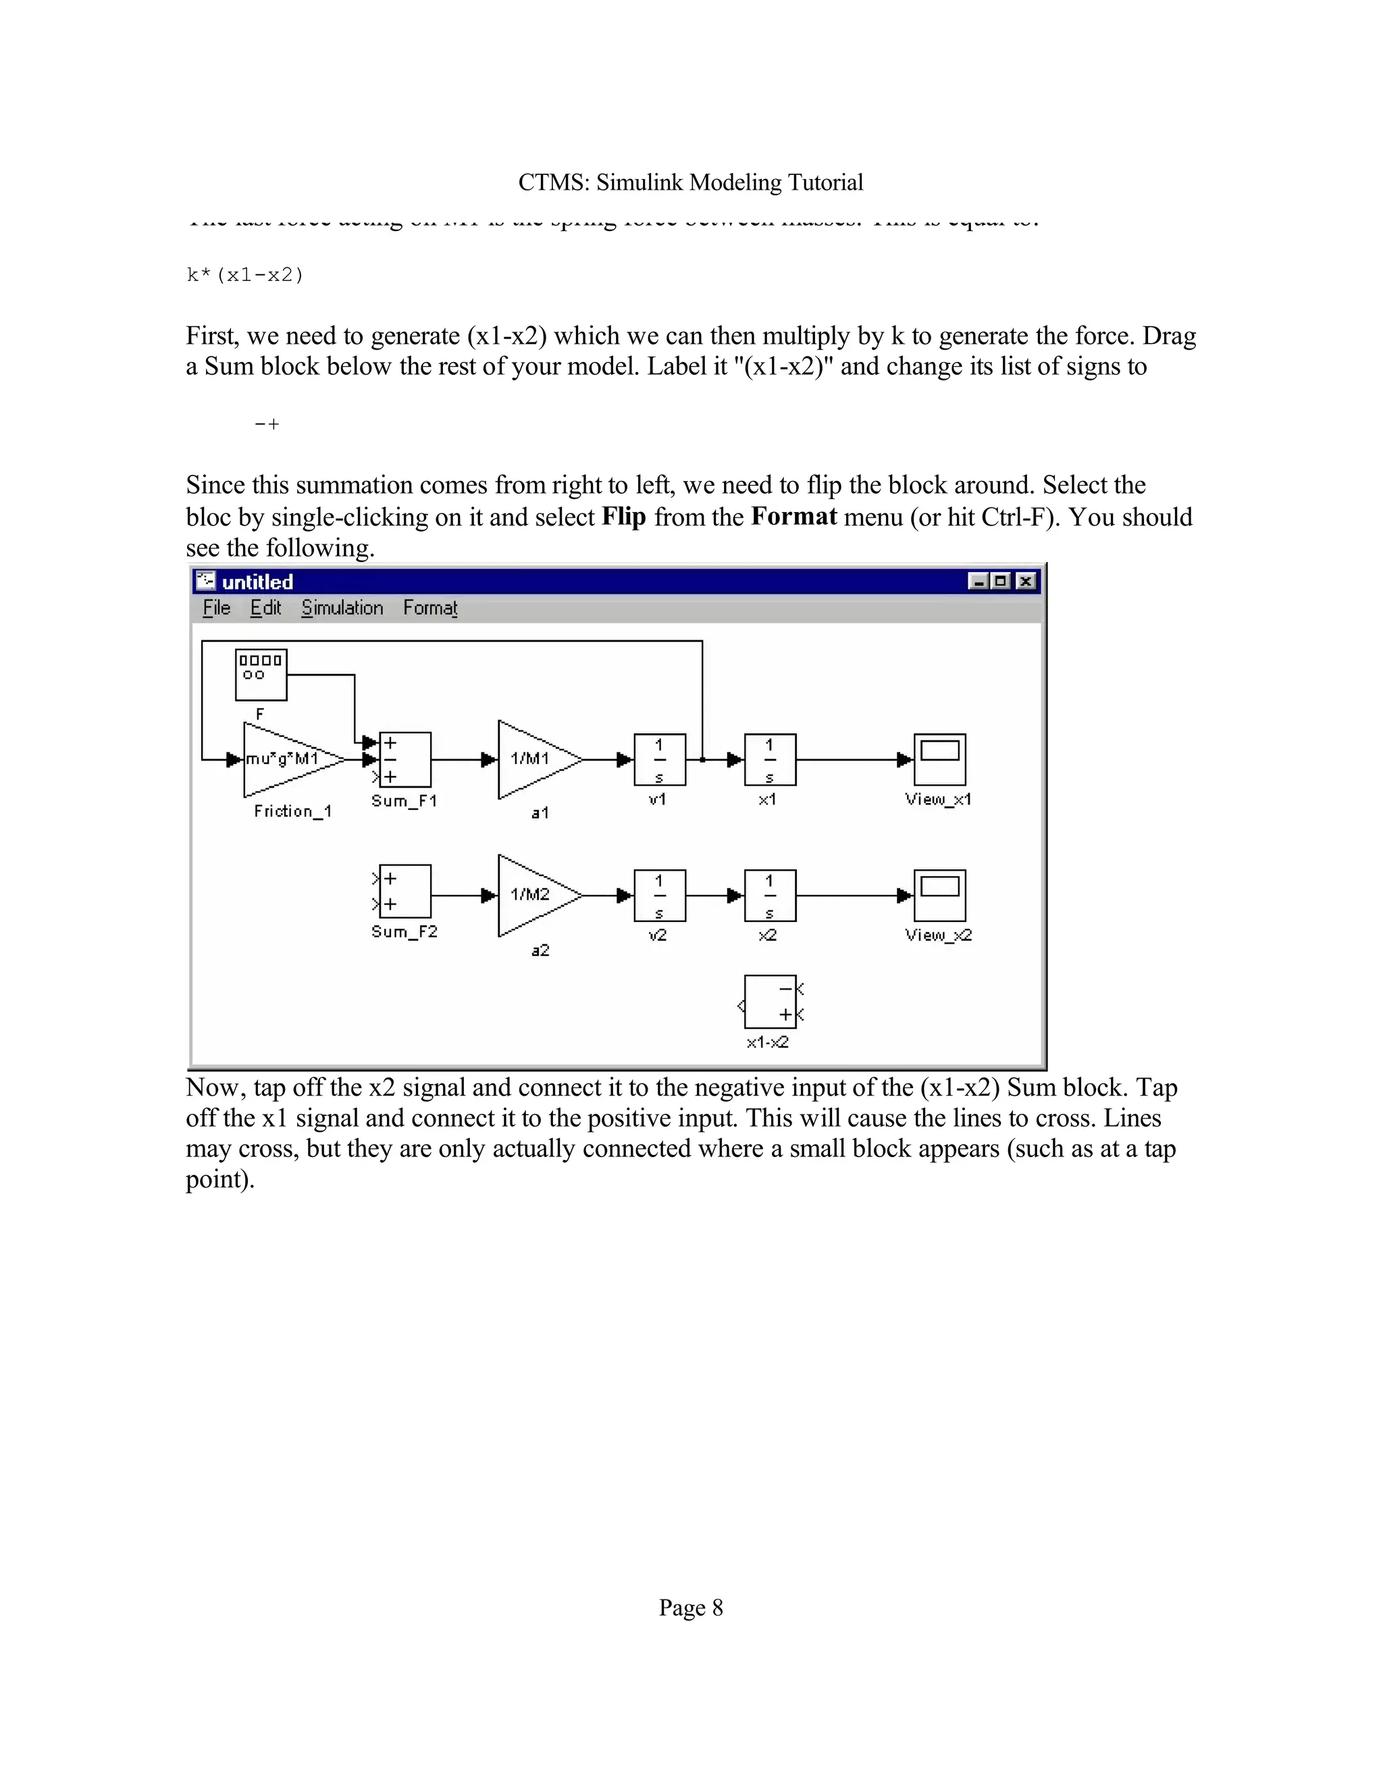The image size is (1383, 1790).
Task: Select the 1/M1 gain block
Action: (x=533, y=760)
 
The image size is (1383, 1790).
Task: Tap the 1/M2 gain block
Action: (x=533, y=895)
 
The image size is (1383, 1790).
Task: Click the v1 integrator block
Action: (x=660, y=760)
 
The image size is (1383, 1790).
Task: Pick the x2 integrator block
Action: (x=769, y=895)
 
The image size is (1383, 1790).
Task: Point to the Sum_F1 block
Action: (x=405, y=760)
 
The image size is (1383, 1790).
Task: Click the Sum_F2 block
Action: (x=405, y=892)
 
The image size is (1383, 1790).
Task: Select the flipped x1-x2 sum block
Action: (x=769, y=1002)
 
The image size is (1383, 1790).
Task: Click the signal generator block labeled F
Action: (x=261, y=675)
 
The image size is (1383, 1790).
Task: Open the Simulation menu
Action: (x=342, y=608)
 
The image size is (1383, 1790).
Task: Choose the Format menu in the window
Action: (x=429, y=608)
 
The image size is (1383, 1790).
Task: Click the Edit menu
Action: (x=265, y=608)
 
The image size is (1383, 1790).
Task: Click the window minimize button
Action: (x=977, y=581)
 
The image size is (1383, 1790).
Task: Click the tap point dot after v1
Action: (x=702, y=760)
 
